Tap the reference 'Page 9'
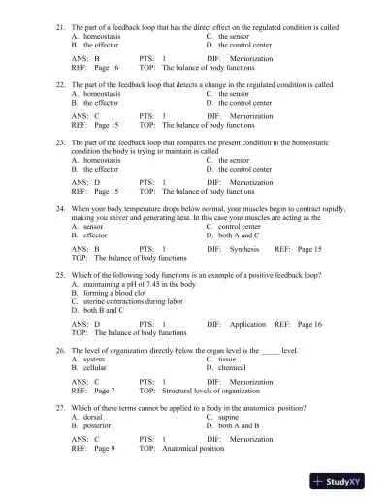(x=105, y=449)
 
